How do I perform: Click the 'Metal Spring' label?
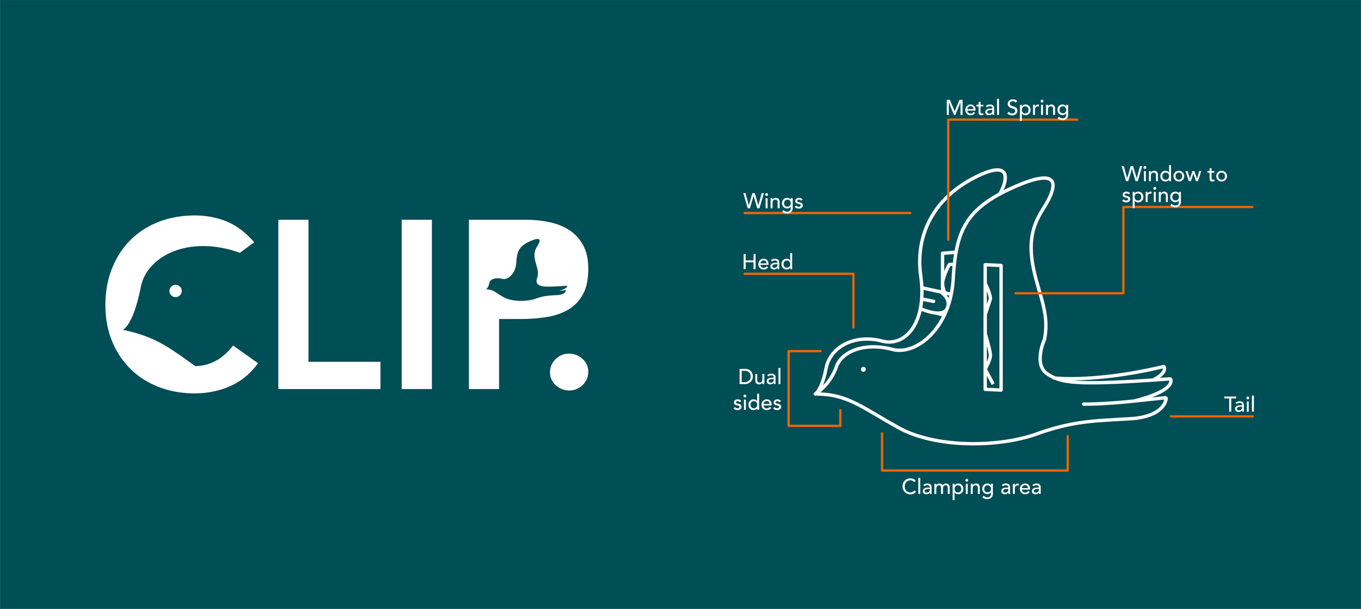point(1007,108)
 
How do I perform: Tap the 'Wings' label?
point(773,201)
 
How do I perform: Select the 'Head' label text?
point(768,262)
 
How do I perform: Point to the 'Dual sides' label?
point(758,390)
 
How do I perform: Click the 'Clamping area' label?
point(971,487)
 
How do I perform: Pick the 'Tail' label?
point(1239,404)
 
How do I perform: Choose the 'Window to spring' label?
point(1174,184)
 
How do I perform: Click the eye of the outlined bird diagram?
point(863,370)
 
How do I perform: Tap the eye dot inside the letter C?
point(175,291)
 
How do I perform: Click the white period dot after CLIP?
point(569,372)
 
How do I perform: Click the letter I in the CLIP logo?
point(416,304)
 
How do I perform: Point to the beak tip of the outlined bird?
point(816,393)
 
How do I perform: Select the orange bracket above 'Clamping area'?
point(974,470)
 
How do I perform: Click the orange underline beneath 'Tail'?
point(1212,416)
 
